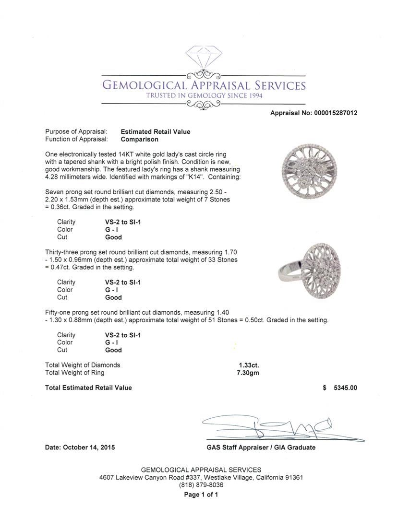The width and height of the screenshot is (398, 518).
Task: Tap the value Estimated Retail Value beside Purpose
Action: (155, 132)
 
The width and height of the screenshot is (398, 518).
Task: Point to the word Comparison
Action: (139, 140)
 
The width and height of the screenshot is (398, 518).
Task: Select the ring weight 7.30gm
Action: (248, 373)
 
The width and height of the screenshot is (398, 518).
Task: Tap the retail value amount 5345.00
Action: (345, 388)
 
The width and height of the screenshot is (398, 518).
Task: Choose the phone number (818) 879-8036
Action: (201, 485)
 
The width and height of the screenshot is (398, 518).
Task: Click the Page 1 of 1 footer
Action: (201, 494)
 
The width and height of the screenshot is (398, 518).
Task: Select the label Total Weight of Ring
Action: (74, 373)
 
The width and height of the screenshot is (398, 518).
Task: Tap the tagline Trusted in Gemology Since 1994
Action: (204, 96)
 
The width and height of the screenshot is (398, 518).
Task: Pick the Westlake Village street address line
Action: (201, 478)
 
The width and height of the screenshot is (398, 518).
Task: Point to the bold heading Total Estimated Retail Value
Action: (88, 388)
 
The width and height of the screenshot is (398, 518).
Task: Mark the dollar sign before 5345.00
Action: (325, 388)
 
